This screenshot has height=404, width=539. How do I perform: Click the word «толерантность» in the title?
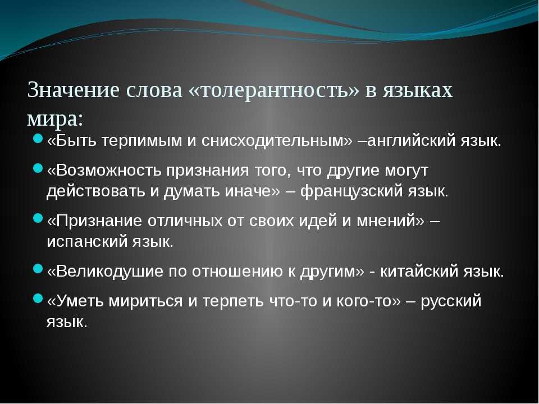tap(273, 90)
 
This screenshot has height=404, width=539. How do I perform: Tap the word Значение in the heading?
tap(74, 90)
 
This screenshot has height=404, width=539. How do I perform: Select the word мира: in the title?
tap(55, 119)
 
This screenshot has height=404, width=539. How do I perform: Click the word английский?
tap(411, 141)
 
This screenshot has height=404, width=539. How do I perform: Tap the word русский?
tap(451, 301)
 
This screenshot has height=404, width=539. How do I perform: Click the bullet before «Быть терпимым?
tap(38, 139)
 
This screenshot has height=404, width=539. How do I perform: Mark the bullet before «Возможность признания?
tap(38, 168)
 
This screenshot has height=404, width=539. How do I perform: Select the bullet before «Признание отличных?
tap(38, 219)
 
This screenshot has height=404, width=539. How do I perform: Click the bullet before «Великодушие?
tap(38, 269)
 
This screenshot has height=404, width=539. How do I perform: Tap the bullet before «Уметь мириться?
tap(38, 299)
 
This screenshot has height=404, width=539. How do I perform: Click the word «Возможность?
tap(104, 171)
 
